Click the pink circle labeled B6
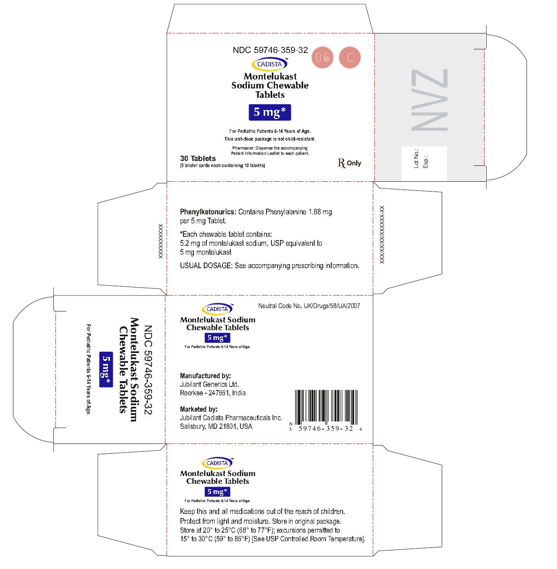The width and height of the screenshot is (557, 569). click(x=322, y=57)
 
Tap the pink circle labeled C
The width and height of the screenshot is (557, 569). click(x=350, y=57)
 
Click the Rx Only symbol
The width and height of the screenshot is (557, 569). click(x=350, y=163)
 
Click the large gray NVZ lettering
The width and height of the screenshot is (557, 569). click(x=429, y=100)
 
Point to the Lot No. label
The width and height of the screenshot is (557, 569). click(x=416, y=159)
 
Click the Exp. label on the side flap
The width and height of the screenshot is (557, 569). click(x=425, y=162)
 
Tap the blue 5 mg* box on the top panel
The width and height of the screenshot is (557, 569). click(x=270, y=112)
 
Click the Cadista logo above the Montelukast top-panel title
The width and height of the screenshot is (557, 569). click(x=270, y=64)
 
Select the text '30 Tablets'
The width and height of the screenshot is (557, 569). click(x=198, y=159)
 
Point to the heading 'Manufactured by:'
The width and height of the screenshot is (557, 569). click(x=205, y=376)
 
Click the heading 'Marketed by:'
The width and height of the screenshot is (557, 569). click(x=199, y=409)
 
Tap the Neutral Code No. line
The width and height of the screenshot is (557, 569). click(x=309, y=306)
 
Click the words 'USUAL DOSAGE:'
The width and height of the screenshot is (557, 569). click(x=206, y=266)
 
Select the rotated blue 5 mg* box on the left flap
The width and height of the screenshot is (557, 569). click(x=106, y=369)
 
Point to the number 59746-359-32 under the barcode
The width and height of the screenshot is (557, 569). click(x=326, y=429)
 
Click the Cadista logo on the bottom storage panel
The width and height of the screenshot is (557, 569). click(x=218, y=463)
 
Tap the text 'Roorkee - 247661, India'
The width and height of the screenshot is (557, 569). click(x=213, y=393)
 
